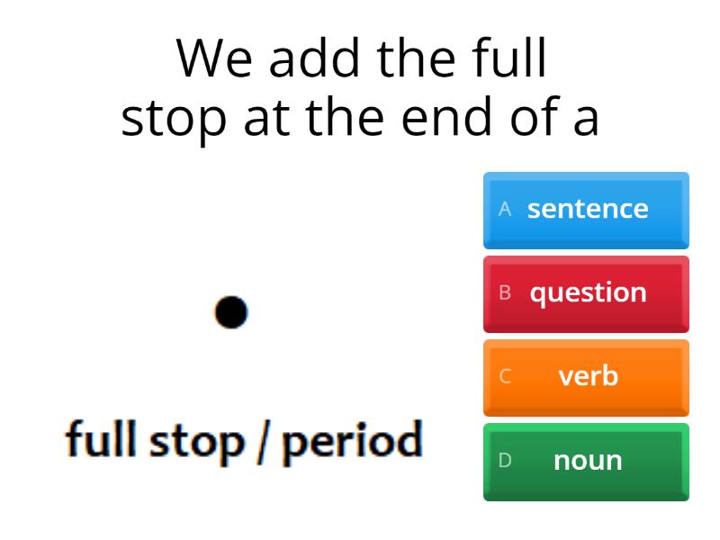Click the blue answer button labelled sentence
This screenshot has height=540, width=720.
(586, 210)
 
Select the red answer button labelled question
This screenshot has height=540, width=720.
(586, 293)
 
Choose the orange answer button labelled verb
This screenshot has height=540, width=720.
(586, 377)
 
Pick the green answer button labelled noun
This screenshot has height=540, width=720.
(586, 461)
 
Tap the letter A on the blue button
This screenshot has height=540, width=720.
(505, 209)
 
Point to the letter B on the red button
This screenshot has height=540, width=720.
(505, 292)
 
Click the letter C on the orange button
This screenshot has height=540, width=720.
(505, 376)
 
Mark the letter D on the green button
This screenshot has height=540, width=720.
(505, 460)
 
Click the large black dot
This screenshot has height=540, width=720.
(231, 311)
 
